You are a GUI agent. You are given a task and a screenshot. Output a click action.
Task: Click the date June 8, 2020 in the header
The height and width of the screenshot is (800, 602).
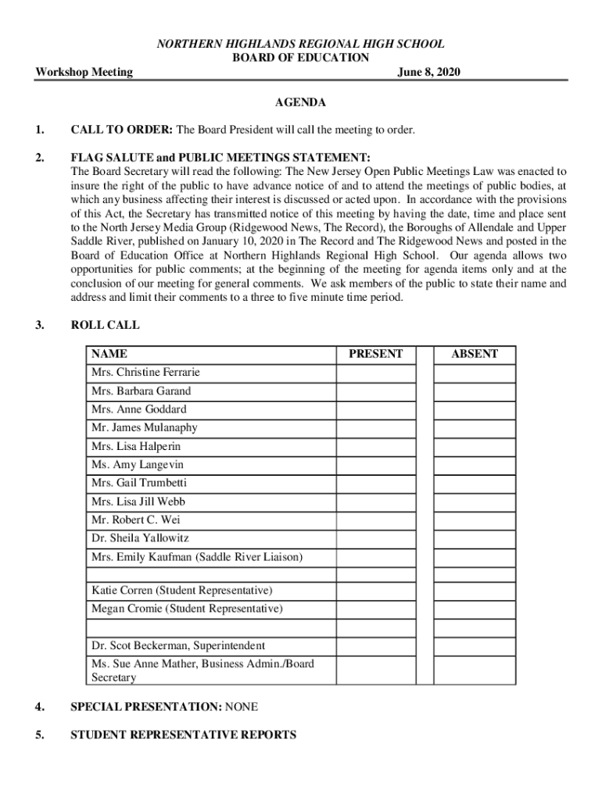(428, 73)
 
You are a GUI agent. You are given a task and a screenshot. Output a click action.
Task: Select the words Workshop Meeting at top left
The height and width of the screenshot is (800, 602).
(84, 73)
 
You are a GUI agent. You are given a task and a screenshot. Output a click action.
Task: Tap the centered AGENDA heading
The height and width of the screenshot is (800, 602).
(301, 102)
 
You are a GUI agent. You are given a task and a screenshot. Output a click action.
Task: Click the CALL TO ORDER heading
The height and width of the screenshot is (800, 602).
(123, 130)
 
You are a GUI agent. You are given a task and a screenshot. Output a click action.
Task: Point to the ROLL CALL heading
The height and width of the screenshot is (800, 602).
(105, 325)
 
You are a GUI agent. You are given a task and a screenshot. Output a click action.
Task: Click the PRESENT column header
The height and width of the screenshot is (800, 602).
(375, 354)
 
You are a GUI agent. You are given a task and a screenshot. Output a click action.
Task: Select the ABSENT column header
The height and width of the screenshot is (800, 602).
(475, 354)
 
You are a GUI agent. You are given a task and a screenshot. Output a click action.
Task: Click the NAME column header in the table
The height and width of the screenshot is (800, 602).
(109, 354)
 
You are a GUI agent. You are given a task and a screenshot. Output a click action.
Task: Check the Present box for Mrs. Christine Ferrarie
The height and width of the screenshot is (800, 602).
(375, 373)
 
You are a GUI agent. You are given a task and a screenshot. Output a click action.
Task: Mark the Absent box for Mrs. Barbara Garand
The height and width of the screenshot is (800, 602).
(475, 391)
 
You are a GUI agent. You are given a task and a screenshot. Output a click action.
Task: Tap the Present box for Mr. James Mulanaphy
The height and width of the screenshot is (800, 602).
(375, 428)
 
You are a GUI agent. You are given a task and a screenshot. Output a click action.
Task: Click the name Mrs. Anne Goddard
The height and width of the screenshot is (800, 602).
(139, 409)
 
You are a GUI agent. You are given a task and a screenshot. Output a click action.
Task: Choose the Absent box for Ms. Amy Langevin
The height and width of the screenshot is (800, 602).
(475, 465)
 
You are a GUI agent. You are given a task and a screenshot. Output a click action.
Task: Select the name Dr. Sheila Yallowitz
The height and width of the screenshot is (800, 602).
(140, 538)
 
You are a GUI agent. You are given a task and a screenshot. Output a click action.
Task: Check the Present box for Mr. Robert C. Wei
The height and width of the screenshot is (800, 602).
(375, 520)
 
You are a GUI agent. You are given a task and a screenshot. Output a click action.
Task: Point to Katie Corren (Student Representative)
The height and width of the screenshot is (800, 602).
(182, 590)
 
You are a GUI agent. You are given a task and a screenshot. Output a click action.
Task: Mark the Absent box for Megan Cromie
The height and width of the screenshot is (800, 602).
(475, 609)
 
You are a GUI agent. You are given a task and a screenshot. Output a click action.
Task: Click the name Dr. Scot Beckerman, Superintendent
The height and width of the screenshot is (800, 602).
(178, 646)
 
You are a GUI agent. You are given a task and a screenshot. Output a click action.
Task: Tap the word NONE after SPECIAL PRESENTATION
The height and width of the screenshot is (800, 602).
(242, 707)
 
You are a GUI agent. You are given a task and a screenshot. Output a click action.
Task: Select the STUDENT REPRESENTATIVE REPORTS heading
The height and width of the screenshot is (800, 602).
(183, 735)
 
